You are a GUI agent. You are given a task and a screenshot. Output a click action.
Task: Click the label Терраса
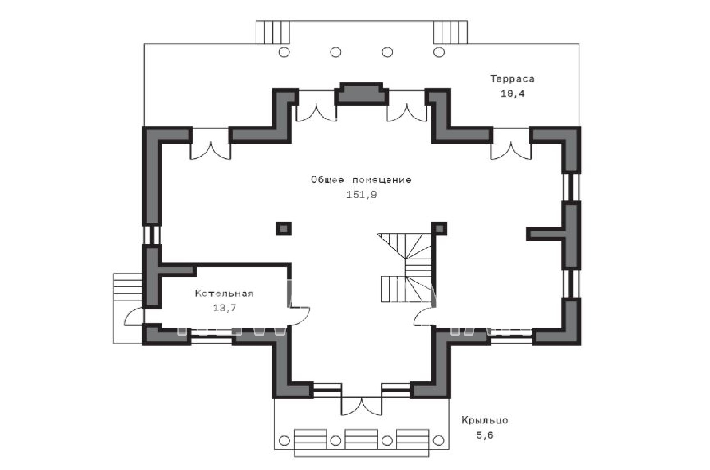[512, 78]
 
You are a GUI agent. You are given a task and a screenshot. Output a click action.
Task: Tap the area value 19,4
[512, 94]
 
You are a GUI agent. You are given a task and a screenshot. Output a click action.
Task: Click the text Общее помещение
[361, 180]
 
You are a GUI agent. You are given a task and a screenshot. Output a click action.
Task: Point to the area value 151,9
[361, 195]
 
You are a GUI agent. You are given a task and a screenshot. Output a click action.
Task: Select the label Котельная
[225, 293]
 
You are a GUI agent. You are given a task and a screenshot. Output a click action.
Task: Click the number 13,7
[225, 308]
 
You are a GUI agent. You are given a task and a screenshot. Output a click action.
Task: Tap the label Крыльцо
[485, 420]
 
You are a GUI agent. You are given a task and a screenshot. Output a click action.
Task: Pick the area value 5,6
[485, 435]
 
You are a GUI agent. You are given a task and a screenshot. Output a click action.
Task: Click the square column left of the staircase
[284, 228]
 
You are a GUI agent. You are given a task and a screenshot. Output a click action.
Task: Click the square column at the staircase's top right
[439, 229]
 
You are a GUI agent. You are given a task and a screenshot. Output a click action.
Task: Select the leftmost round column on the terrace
[284, 51]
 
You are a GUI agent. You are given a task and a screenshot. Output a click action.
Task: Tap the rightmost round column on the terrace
[439, 51]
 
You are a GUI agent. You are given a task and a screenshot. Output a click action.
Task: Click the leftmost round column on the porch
[284, 440]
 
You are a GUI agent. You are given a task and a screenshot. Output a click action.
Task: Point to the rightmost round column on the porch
[439, 440]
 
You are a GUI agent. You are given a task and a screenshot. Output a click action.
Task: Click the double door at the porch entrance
[362, 406]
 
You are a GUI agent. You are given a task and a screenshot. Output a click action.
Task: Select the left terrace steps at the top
[273, 32]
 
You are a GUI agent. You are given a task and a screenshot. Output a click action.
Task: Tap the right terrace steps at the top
[450, 32]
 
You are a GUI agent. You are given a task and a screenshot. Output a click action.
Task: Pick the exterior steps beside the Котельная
[128, 308]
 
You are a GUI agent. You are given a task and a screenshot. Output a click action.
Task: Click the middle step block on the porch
[361, 439]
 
